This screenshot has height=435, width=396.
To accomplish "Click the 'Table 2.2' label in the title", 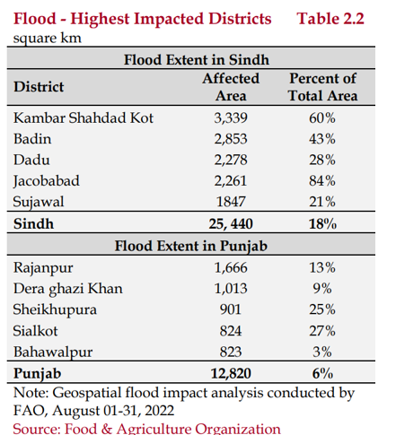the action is tap(330, 19).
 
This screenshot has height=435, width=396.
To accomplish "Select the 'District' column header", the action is tap(39, 87).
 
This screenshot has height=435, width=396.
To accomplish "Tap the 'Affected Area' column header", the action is tap(231, 87).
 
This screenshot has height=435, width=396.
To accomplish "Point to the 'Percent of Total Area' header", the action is tap(323, 87).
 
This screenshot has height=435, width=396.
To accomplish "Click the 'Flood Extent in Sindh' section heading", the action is tap(197, 59).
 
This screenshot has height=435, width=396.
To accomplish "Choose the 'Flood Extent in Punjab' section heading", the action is tap(191, 246).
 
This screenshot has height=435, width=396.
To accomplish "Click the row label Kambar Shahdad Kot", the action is tap(84, 117).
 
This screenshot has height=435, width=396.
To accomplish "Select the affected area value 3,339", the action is tap(231, 118).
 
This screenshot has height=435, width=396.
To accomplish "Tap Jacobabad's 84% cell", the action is tap(322, 181).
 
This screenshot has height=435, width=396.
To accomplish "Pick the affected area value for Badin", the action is tap(231, 139).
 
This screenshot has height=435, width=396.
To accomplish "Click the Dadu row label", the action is tap(31, 160).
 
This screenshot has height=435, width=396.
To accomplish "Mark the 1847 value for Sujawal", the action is tap(231, 202).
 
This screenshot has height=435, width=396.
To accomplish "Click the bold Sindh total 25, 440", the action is tap(231, 224).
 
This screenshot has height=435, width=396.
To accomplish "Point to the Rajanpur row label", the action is tap(43, 268).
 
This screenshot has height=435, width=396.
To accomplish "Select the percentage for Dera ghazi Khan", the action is tap(322, 289).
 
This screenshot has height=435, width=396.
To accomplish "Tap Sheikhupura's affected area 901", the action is tap(231, 309).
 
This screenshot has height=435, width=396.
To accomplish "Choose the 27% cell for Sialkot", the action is tap(322, 331).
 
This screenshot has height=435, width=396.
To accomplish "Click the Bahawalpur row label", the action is tap(53, 352).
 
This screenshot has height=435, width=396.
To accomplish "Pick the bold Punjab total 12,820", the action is tap(231, 373).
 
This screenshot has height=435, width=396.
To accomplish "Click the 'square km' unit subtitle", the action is tap(48, 39).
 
